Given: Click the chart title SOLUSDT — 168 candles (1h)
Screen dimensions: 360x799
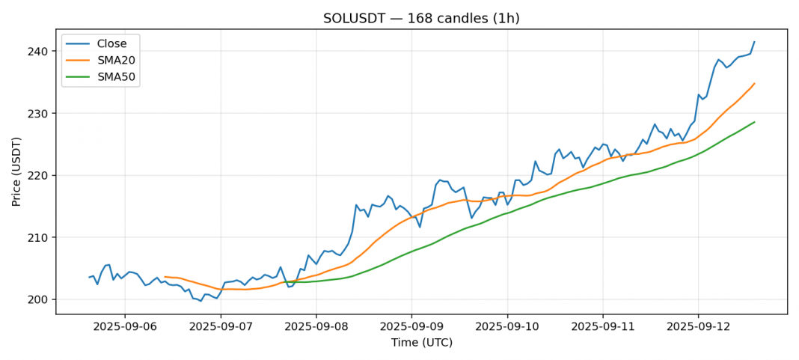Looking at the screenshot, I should click(x=421, y=18).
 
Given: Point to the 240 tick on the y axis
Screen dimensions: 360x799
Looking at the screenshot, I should click(x=40, y=52).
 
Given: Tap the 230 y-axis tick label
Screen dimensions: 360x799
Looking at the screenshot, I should click(x=40, y=114).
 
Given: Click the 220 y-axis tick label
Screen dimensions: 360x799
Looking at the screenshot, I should click(x=40, y=176).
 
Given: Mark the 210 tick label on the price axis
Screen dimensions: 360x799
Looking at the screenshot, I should click(x=40, y=238).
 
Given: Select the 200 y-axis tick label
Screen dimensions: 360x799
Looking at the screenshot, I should click(x=40, y=300).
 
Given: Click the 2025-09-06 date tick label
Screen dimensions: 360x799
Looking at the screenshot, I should click(x=125, y=327).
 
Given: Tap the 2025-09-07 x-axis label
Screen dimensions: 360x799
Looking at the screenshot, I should click(x=221, y=327).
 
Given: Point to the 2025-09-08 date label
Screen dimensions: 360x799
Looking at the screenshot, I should click(x=316, y=327).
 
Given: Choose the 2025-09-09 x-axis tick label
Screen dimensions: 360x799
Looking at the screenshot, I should click(x=411, y=327).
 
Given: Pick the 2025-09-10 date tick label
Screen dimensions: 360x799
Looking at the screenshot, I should click(x=507, y=327).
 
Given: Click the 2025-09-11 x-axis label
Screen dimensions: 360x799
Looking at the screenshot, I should click(x=602, y=327).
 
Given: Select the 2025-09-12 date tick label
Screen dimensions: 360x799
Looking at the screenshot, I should click(x=698, y=327).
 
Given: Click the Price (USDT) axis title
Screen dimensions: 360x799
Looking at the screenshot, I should click(x=16, y=171).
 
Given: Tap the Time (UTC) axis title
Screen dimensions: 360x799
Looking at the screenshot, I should click(x=421, y=343).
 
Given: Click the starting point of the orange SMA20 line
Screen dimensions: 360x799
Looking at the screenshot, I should click(x=165, y=277).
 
